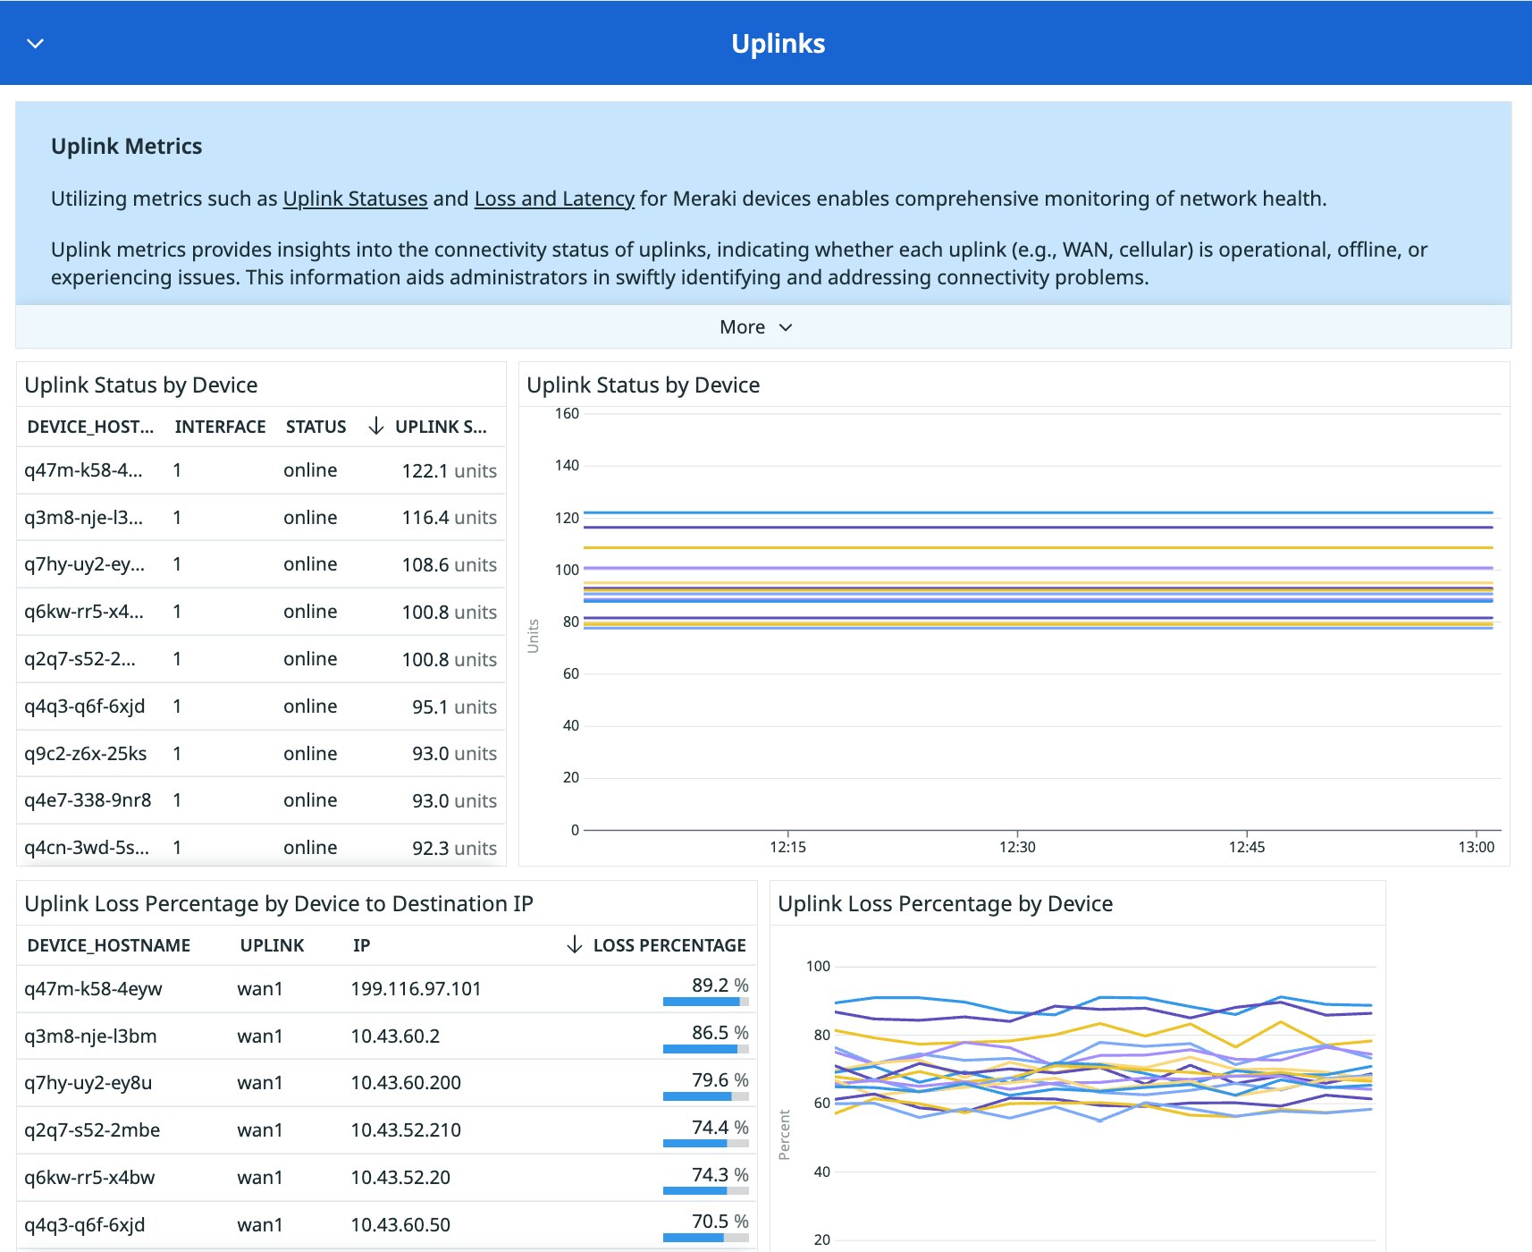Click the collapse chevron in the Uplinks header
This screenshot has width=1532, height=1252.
click(x=36, y=43)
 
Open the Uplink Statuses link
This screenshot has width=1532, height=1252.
click(x=355, y=199)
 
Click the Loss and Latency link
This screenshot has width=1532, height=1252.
click(x=554, y=199)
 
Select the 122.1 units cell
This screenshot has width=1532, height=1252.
click(x=449, y=471)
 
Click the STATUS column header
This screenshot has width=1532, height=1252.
click(x=316, y=427)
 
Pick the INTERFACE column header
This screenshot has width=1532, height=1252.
click(x=220, y=427)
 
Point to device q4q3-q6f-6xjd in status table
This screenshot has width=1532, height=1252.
click(x=85, y=706)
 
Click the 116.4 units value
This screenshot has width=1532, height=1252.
click(x=449, y=518)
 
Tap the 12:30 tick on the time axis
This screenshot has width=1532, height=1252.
click(x=1017, y=847)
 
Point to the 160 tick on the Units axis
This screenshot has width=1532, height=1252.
click(x=567, y=413)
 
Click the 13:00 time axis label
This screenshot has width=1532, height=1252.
click(x=1476, y=847)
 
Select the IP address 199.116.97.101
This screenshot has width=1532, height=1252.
click(x=416, y=989)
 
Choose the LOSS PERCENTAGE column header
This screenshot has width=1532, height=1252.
click(x=669, y=945)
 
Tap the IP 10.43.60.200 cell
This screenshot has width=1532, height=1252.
click(x=406, y=1083)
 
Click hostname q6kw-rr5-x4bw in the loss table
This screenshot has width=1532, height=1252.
click(x=89, y=1178)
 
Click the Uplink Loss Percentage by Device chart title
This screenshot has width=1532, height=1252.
click(x=945, y=904)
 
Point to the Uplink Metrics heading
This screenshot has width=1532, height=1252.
click(x=126, y=147)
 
